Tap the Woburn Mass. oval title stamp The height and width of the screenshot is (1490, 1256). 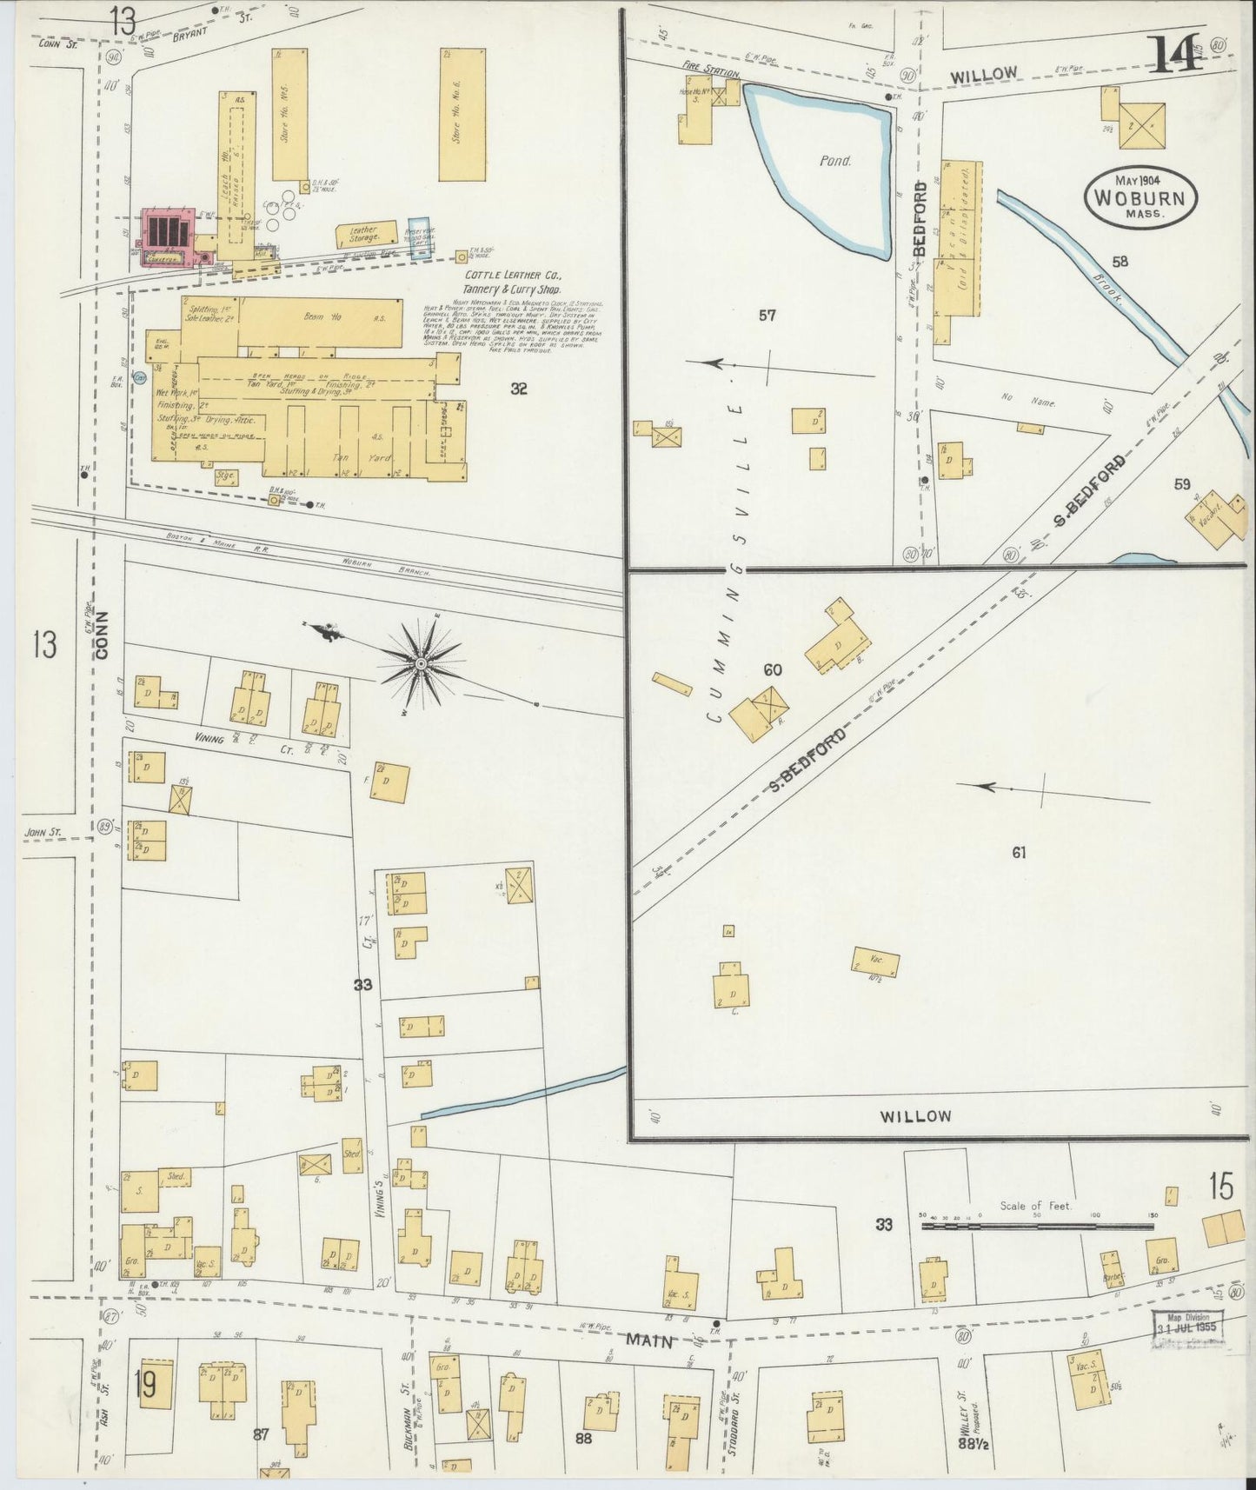coord(1140,199)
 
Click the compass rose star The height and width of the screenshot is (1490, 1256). coord(421,664)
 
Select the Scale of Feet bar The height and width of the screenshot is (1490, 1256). coord(1037,1226)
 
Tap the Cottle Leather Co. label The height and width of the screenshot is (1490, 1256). coord(512,282)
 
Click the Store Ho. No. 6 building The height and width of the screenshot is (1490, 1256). coord(462,114)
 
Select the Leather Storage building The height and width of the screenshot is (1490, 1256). coord(364,235)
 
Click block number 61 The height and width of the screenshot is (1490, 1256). coord(1019,853)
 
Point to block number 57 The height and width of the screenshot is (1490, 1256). coord(767,316)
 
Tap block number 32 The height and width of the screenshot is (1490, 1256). coord(518,389)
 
